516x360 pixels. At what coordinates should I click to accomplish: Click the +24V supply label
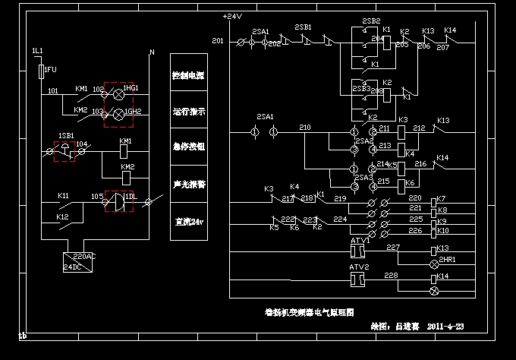(232, 16)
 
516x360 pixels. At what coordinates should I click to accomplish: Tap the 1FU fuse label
(51, 70)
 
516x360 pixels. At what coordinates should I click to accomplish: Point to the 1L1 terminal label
(37, 50)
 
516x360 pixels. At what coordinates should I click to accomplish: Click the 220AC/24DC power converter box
(79, 261)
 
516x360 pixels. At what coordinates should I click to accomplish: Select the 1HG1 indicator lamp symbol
(118, 93)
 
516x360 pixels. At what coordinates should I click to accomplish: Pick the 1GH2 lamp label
(133, 112)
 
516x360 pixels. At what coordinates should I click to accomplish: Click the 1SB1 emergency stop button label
(66, 135)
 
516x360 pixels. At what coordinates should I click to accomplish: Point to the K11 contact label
(64, 196)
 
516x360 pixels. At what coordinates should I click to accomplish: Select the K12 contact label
(64, 216)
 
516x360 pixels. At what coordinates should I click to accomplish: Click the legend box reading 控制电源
(189, 76)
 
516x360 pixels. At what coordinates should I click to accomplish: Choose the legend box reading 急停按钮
(189, 147)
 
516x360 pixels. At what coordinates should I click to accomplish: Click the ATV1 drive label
(359, 240)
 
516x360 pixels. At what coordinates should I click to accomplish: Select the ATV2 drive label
(359, 267)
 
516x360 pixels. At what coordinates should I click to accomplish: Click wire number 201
(218, 40)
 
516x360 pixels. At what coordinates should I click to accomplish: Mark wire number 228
(391, 274)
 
